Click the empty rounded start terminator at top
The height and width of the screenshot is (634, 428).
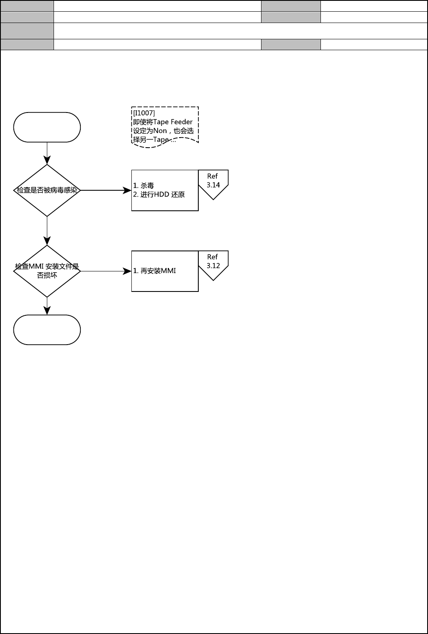pyautogui.click(x=47, y=127)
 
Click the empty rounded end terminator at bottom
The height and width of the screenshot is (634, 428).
pyautogui.click(x=47, y=330)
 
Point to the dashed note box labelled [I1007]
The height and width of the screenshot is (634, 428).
pyautogui.click(x=165, y=125)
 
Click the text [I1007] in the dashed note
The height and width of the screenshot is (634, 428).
pyautogui.click(x=144, y=113)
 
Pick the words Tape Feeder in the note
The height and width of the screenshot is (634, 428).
pyautogui.click(x=173, y=122)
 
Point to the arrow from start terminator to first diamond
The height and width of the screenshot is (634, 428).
pyautogui.click(x=47, y=153)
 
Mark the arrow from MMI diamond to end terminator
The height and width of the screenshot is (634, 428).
pyautogui.click(x=47, y=306)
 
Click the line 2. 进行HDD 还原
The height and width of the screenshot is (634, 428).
pyautogui.click(x=159, y=194)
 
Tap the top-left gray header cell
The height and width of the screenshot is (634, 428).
pyautogui.click(x=27, y=5)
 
